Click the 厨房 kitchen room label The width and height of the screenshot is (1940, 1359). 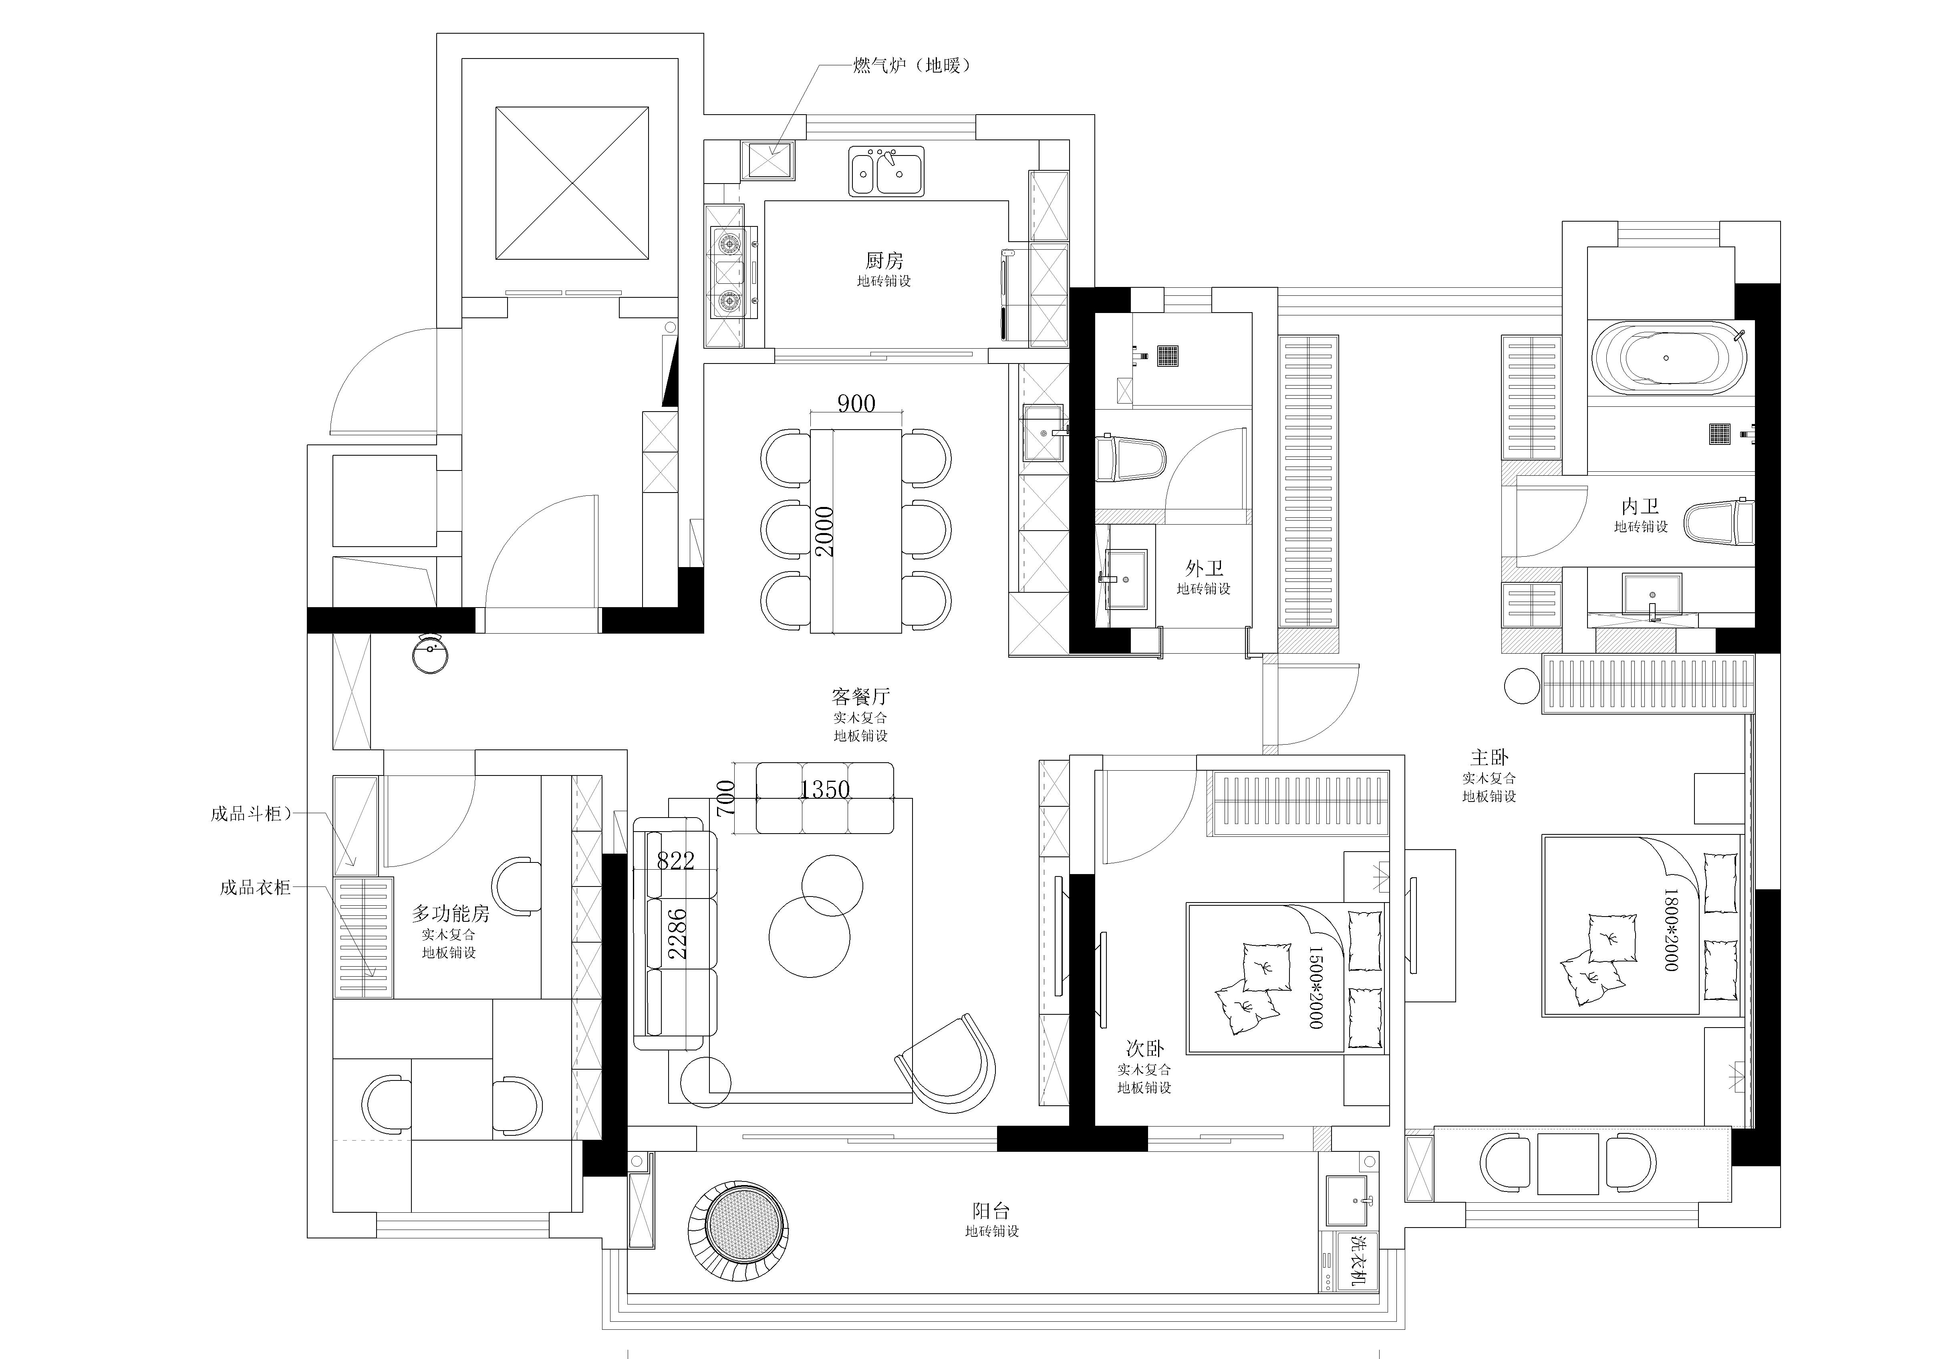pos(884,260)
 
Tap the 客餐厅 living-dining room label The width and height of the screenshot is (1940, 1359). pos(860,697)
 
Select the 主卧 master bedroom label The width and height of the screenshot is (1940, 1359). pos(1489,757)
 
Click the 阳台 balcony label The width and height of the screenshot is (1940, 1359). pos(991,1211)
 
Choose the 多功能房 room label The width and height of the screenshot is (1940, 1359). pos(450,913)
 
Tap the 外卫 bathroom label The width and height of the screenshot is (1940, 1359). pos(1204,568)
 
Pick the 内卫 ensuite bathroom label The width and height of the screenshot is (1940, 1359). pos(1640,506)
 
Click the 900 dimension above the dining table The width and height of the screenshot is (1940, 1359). pos(856,403)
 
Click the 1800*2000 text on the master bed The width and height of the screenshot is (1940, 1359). pos(1670,929)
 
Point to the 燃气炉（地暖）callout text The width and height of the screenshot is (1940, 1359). pos(912,65)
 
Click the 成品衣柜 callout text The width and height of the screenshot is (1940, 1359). pos(255,887)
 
